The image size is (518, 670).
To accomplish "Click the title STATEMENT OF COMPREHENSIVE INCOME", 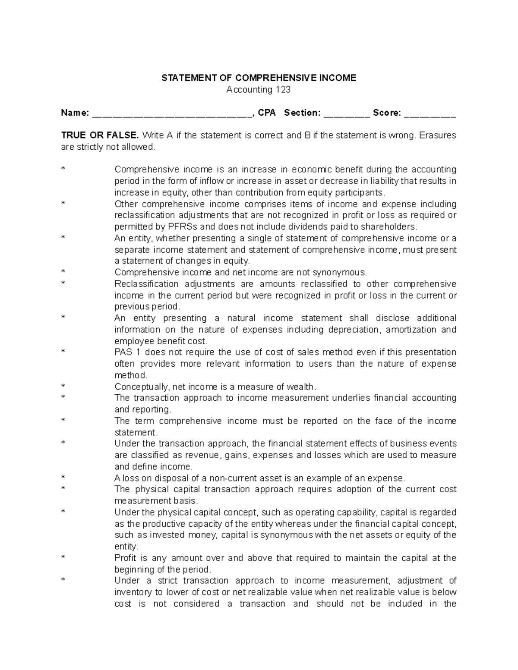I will click(259, 78).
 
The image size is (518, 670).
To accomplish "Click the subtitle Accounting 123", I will click(259, 90).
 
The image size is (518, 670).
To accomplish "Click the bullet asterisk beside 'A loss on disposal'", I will click(63, 478).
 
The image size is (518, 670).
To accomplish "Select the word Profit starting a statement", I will click(125, 558).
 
